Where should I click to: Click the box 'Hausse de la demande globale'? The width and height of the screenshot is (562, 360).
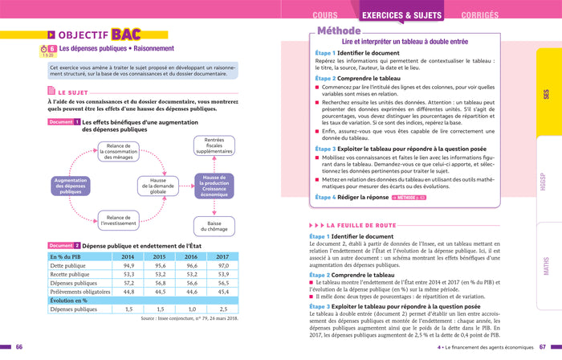(x=157, y=186)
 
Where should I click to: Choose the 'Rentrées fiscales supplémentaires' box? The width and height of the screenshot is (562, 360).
(x=214, y=145)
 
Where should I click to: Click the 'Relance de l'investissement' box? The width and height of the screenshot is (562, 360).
(x=117, y=221)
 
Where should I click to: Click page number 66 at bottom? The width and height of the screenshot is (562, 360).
(x=19, y=346)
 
